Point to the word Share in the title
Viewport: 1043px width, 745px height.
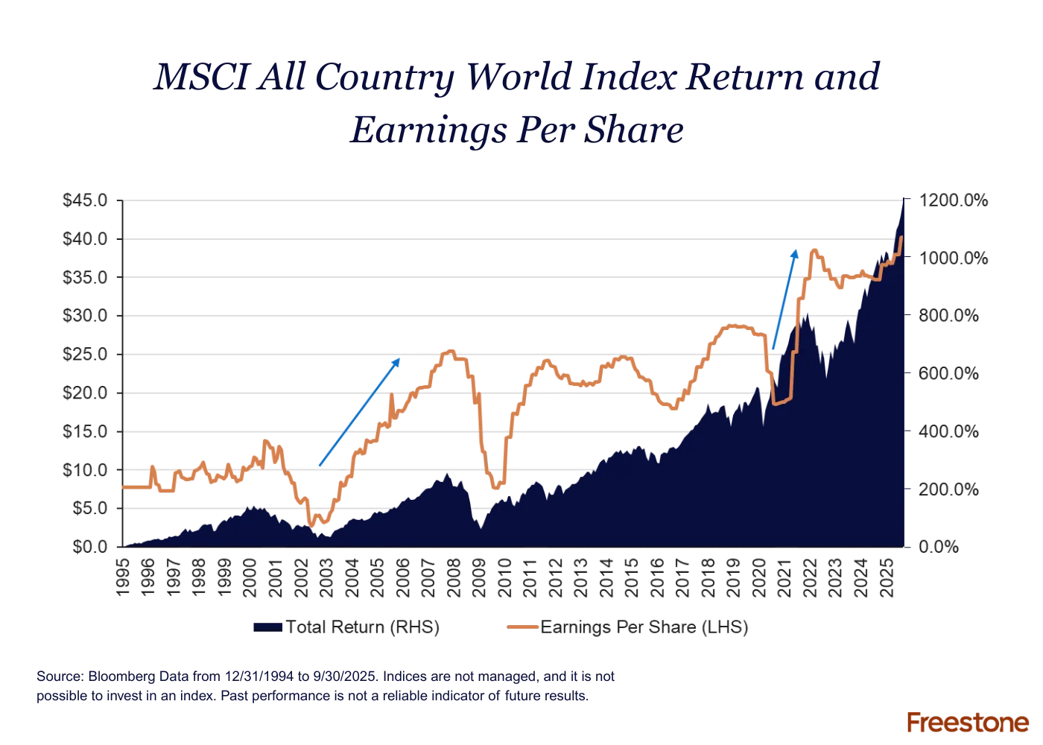click(644, 130)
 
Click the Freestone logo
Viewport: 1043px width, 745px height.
click(968, 721)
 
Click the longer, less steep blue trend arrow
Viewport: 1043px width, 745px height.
click(359, 412)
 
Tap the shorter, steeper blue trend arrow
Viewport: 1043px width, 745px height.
click(784, 298)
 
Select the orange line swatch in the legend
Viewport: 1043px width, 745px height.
click(522, 628)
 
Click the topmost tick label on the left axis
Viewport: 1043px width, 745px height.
click(83, 200)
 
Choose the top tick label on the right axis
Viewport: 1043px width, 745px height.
click(954, 200)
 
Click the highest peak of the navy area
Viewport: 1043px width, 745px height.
click(903, 201)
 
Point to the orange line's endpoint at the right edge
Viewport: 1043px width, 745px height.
click(903, 238)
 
